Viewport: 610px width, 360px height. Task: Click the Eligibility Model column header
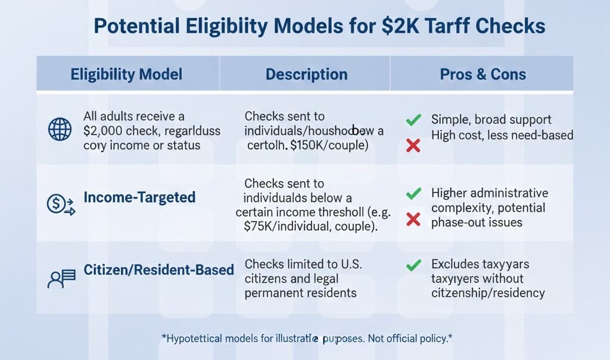(x=126, y=75)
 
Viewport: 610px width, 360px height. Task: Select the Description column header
(x=306, y=75)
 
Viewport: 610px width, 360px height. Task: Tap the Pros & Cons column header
(x=483, y=75)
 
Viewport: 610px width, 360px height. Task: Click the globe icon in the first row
(x=60, y=130)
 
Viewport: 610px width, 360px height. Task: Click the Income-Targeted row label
(x=139, y=197)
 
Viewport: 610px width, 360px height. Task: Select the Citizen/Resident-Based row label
(x=159, y=270)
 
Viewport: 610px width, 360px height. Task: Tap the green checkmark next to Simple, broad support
(x=413, y=120)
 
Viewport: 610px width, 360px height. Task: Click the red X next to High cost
(x=413, y=145)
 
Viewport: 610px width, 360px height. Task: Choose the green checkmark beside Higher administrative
(x=413, y=194)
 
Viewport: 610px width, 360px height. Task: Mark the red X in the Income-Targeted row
(x=413, y=220)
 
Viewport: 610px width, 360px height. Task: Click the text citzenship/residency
(x=488, y=293)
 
